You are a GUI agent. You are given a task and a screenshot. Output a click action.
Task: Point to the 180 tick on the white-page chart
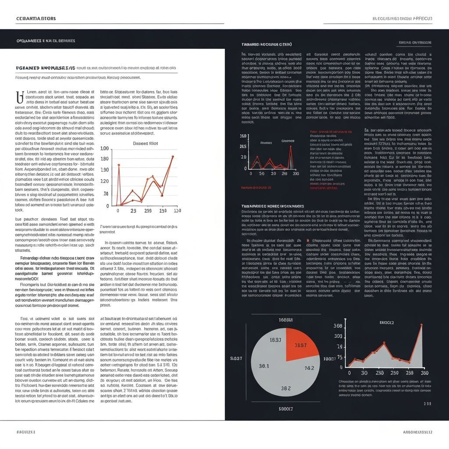104,170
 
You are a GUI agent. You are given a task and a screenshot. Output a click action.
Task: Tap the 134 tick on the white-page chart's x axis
163,211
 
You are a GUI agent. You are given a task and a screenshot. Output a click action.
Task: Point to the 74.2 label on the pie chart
309,368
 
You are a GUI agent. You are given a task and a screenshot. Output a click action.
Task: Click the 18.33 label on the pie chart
275,340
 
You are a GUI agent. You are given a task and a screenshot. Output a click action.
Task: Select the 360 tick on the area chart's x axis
424,373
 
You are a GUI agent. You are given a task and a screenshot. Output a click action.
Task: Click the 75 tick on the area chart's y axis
339,346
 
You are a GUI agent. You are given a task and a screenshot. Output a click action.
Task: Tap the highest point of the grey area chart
421,325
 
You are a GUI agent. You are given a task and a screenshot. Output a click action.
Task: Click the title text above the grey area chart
386,322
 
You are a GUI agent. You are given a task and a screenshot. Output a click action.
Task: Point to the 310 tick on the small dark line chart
296,173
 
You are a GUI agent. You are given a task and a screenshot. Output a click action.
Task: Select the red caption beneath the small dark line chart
256,187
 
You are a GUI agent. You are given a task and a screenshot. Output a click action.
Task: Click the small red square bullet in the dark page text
308,241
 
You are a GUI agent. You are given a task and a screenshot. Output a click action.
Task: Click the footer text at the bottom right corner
417,432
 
